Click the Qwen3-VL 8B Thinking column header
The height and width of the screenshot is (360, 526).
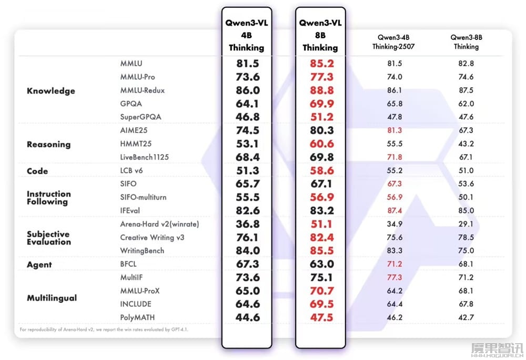tap(320, 35)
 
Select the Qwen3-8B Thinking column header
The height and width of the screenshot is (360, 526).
tap(466, 42)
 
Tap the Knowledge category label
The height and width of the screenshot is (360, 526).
tap(51, 91)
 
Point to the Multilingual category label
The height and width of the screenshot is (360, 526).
tap(52, 298)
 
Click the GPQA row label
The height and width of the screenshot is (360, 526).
tap(131, 104)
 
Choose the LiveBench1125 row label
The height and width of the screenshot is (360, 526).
tap(145, 157)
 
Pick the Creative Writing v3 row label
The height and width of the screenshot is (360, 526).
tap(152, 238)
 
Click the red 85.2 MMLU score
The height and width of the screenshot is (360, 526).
tap(321, 64)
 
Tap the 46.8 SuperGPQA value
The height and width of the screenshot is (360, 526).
tap(247, 117)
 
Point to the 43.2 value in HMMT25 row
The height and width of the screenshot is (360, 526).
tap(466, 143)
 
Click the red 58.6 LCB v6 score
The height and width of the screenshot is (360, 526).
tap(321, 171)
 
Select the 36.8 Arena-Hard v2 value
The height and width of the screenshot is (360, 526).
tap(247, 224)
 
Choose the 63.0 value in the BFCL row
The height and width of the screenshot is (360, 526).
tap(321, 264)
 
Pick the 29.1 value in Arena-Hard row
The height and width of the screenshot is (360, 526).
tap(466, 224)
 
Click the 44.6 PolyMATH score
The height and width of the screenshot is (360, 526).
tap(247, 317)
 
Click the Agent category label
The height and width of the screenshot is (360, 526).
tap(39, 265)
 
